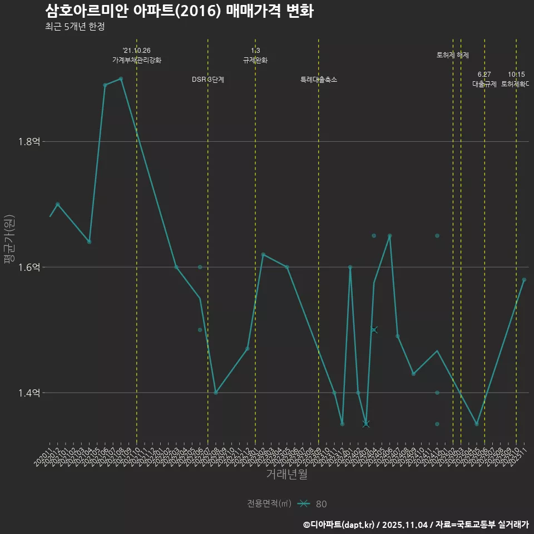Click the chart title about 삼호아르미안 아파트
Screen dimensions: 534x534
coord(179,11)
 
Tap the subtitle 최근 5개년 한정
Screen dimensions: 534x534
coord(75,27)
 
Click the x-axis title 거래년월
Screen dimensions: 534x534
coord(286,474)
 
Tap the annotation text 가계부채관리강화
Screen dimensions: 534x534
coord(137,60)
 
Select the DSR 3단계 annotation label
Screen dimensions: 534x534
coord(208,80)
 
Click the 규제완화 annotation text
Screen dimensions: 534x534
coord(255,60)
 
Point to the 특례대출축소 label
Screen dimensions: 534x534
coord(319,80)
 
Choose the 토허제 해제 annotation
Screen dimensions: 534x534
coord(453,55)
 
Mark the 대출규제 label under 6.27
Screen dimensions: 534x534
coord(484,84)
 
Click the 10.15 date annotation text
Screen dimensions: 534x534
coord(516,75)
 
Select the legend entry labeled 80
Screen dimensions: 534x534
coord(321,504)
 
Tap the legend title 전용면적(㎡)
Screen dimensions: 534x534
coord(269,503)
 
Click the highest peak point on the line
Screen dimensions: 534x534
coord(121,78)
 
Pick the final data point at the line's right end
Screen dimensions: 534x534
coord(524,280)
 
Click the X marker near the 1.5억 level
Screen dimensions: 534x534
coord(374,330)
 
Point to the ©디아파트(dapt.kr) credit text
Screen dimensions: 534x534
coord(339,524)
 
